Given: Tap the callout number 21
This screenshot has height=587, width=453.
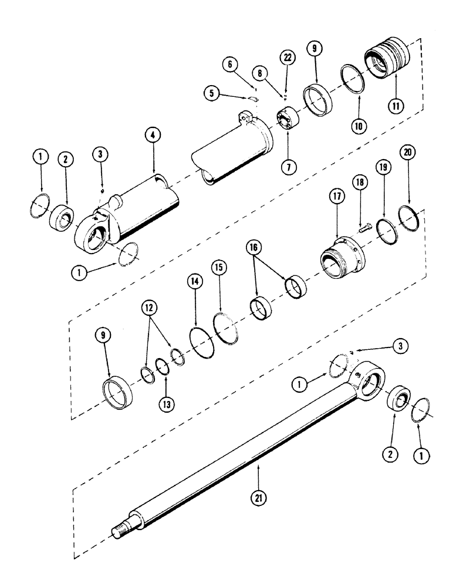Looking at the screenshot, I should (x=258, y=498).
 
